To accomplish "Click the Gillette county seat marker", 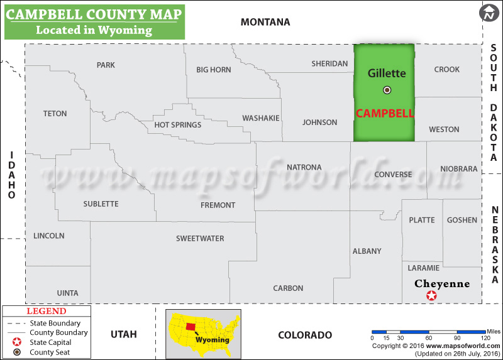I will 387,90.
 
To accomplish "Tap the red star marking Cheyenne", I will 431,295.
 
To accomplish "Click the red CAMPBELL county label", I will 385,114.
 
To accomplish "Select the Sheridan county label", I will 329,63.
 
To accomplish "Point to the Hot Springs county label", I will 178,124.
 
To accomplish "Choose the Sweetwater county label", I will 200,238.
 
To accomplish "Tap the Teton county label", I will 55,114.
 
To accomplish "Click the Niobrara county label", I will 459,168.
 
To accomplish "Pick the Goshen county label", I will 462,220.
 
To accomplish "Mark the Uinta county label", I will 67,293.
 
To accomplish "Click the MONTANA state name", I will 265,22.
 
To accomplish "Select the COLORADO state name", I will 305,335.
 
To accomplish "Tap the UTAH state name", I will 123,334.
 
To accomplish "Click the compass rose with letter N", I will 489,12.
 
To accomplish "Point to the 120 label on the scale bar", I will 485,338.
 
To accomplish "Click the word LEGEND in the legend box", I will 46,311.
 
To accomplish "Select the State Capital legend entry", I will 51,342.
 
